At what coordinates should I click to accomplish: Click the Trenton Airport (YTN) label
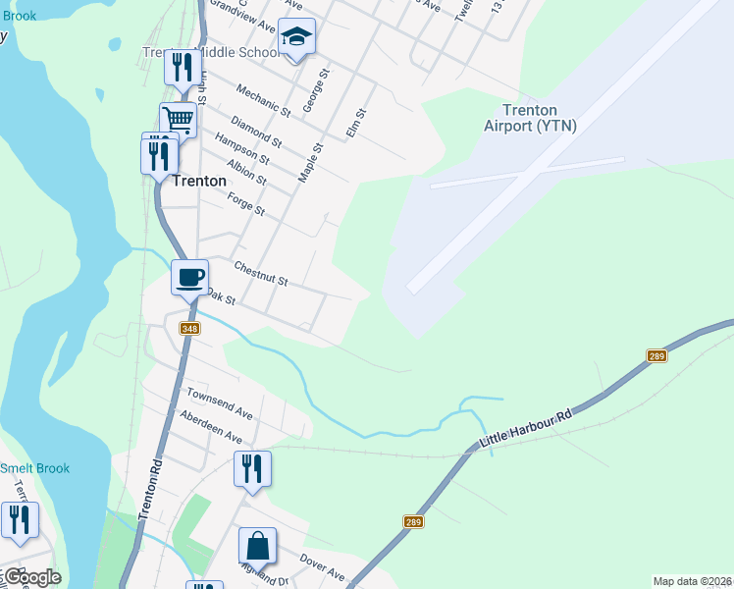click(530, 118)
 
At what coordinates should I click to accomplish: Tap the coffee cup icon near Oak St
click(190, 276)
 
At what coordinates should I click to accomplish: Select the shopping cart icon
click(179, 120)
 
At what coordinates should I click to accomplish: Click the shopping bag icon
click(257, 545)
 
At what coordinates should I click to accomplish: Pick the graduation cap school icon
click(296, 37)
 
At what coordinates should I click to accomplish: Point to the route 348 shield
click(190, 329)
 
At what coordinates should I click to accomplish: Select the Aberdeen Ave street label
click(210, 427)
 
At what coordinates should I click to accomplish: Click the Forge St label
click(246, 204)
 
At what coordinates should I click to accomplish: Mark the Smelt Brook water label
click(35, 468)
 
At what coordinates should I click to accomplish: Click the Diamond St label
click(255, 133)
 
